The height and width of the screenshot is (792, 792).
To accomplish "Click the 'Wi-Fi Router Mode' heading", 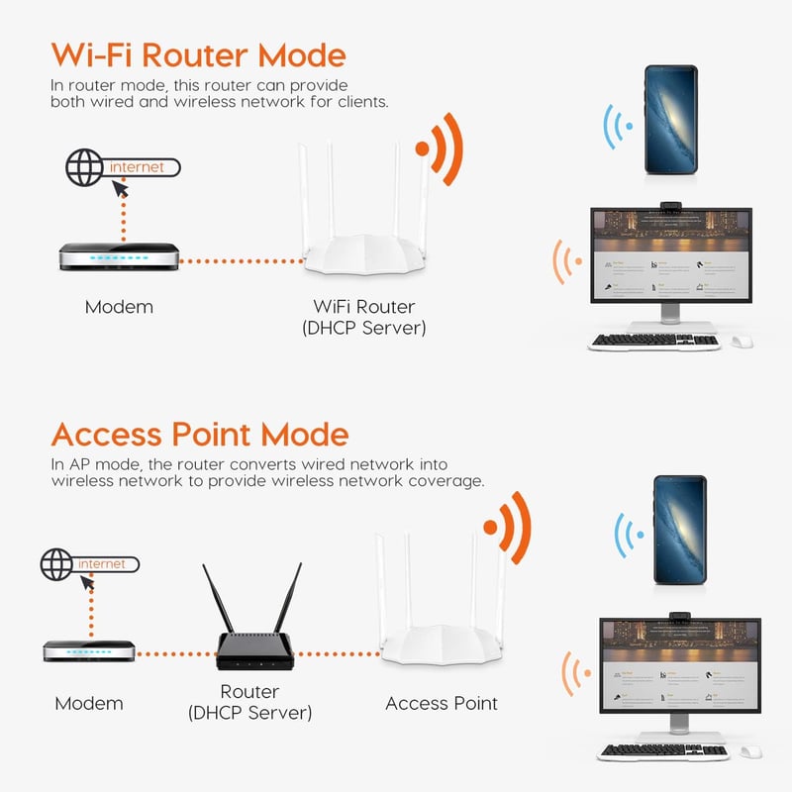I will pos(198,53).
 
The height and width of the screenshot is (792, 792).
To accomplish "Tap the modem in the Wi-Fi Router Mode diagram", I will pos(119,256).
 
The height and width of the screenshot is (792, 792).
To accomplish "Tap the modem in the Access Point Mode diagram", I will pos(89,650).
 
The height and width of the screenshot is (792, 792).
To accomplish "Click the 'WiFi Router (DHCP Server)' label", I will pos(363,317).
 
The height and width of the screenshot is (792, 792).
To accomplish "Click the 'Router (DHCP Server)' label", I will pos(249,701).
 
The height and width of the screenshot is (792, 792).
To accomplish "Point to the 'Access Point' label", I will pos(441,703).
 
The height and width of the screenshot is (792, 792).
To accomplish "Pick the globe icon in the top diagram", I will pos(84,167).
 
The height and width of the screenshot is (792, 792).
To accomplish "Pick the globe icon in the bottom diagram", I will pos(57,564).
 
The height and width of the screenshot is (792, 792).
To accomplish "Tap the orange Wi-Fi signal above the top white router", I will pos(441,148).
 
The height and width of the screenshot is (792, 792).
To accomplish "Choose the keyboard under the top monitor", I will pos(654,341).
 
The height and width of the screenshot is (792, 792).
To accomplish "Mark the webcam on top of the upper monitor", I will pos(670,205).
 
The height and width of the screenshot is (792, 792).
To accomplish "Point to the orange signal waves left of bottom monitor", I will pos(572,673).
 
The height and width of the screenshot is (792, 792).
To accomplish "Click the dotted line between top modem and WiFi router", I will pos(243,261).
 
